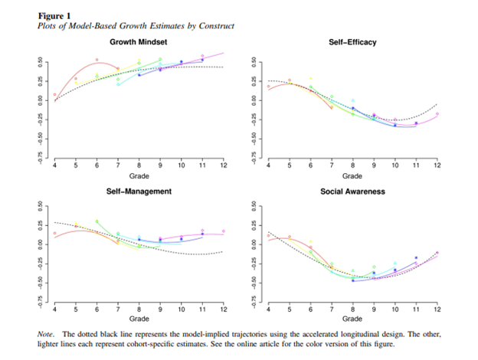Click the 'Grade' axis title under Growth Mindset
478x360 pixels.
pos(139,175)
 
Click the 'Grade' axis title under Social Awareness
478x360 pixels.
pos(352,318)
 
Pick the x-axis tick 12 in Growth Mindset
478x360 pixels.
pos(224,165)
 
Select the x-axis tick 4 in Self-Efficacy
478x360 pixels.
pos(267,165)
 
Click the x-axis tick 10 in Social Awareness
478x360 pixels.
pos(395,308)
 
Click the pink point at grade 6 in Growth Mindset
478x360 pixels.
pos(97,60)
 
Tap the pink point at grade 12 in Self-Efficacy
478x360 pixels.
pos(437,114)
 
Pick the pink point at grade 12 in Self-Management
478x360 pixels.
pos(224,231)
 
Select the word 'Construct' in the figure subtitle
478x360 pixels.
pos(216,25)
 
